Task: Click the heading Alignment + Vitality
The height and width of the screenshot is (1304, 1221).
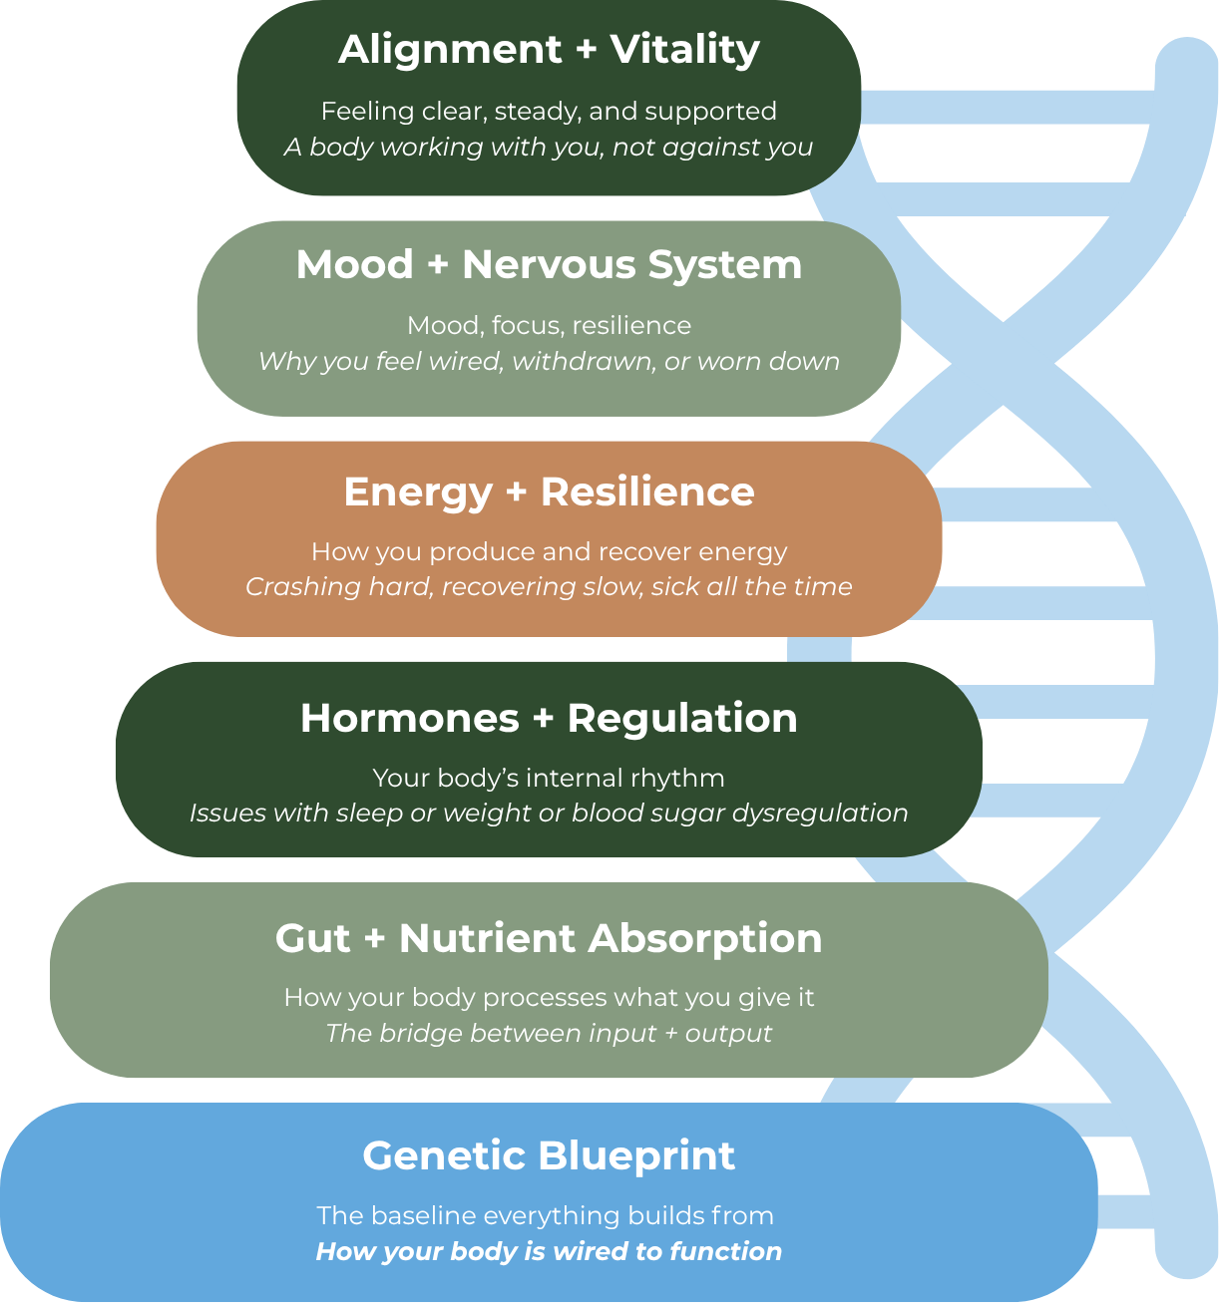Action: click(549, 50)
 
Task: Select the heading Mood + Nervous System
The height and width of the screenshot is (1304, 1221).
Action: click(549, 265)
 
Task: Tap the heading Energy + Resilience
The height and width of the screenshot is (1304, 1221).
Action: click(549, 492)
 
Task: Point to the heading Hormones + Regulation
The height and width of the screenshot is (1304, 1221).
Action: click(549, 719)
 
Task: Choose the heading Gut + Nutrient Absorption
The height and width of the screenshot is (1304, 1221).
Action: click(549, 939)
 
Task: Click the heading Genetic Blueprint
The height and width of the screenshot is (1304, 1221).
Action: click(549, 1156)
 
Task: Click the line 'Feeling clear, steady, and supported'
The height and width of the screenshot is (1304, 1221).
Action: click(549, 111)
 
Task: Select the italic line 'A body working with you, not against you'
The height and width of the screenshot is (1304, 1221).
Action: click(549, 148)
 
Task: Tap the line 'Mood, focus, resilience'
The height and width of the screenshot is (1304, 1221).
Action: click(549, 326)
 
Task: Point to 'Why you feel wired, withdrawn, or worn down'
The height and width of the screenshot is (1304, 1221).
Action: click(549, 361)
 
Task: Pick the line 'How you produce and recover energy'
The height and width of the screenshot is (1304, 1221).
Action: click(549, 552)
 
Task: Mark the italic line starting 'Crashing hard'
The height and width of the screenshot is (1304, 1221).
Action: click(549, 586)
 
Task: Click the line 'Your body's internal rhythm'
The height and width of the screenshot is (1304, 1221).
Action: click(549, 778)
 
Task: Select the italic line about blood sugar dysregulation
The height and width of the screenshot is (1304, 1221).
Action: click(549, 814)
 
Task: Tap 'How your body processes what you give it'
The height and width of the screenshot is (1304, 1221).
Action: click(549, 998)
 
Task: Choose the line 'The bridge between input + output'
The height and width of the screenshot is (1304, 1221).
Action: click(549, 1033)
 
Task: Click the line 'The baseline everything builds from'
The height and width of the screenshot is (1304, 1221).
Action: click(545, 1216)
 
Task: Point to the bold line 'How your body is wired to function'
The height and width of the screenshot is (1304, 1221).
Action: click(549, 1252)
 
